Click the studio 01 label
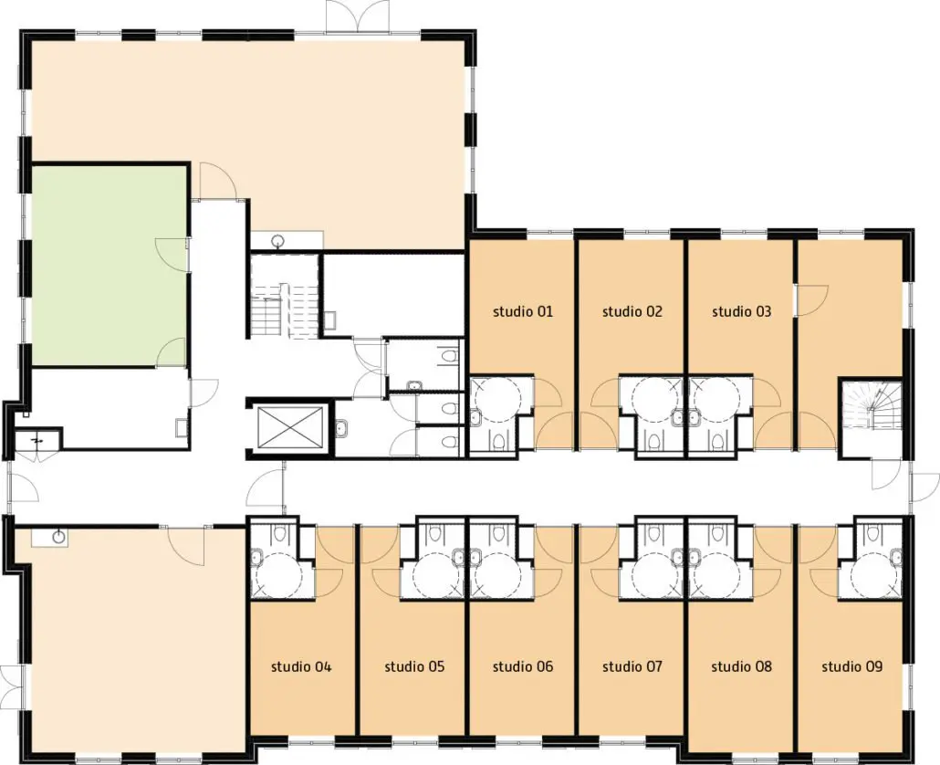523,311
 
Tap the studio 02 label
632,311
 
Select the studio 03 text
742,311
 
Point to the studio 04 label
301,666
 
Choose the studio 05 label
415,666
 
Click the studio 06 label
523,666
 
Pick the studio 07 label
632,666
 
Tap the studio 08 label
742,666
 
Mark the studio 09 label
851,666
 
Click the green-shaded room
109,266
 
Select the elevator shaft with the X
289,428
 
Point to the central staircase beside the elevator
284,297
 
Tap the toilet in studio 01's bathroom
498,442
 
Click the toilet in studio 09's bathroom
872,532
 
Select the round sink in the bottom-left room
58,535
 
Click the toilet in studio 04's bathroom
280,532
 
